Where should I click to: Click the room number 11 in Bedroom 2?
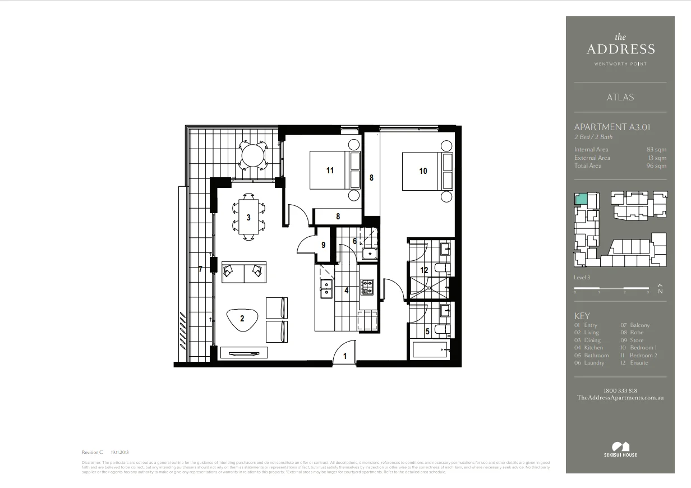click(330, 170)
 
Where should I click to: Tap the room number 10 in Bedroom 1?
click(423, 171)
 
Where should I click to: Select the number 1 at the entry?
click(345, 356)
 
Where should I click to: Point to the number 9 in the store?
click(323, 245)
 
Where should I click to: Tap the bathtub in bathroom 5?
click(429, 351)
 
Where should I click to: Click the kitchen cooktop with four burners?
click(367, 288)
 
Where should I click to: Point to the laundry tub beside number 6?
click(368, 254)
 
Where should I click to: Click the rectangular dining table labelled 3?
click(248, 217)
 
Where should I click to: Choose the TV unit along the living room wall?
click(244, 353)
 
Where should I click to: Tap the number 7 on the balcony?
click(200, 269)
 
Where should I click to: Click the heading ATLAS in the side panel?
click(620, 98)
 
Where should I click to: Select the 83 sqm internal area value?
click(656, 150)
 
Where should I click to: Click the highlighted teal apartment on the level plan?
click(581, 198)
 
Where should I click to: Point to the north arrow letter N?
click(660, 291)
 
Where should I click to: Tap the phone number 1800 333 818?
click(620, 390)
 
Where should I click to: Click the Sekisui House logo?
click(620, 449)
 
